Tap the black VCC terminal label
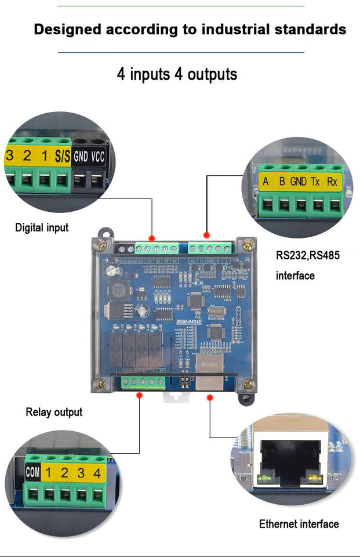(98, 156)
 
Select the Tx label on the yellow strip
(315, 182)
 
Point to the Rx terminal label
(332, 182)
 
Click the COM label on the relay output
(32, 472)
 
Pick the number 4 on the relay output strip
(97, 472)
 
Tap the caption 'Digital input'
(42, 227)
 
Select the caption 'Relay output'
(54, 412)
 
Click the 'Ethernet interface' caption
(299, 524)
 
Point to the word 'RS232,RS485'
(307, 256)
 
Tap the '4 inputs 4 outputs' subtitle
(177, 74)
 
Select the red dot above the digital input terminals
(152, 238)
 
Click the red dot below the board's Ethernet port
(210, 397)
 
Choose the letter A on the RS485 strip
(266, 182)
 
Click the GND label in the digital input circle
(81, 156)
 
